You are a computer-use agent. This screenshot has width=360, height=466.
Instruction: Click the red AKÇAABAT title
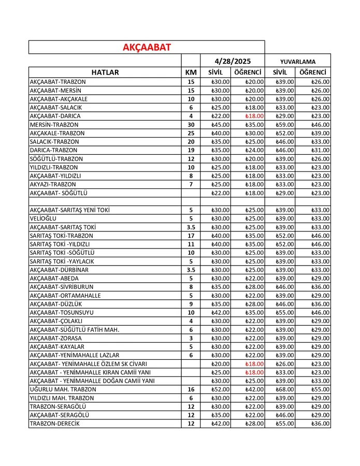[147, 47]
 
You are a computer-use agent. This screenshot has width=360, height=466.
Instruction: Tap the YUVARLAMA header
[297, 61]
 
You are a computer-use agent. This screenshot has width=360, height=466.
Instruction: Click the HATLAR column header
[105, 72]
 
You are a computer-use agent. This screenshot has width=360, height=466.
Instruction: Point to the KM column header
[191, 72]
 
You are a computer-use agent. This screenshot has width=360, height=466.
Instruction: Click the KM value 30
[191, 125]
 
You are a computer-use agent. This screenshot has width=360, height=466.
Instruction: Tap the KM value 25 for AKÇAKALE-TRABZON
[191, 133]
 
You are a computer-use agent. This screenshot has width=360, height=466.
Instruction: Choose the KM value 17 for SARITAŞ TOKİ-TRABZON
[191, 236]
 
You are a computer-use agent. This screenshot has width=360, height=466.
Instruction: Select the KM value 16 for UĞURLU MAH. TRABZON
[191, 389]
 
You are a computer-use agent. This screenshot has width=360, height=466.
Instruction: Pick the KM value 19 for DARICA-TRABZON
[191, 150]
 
